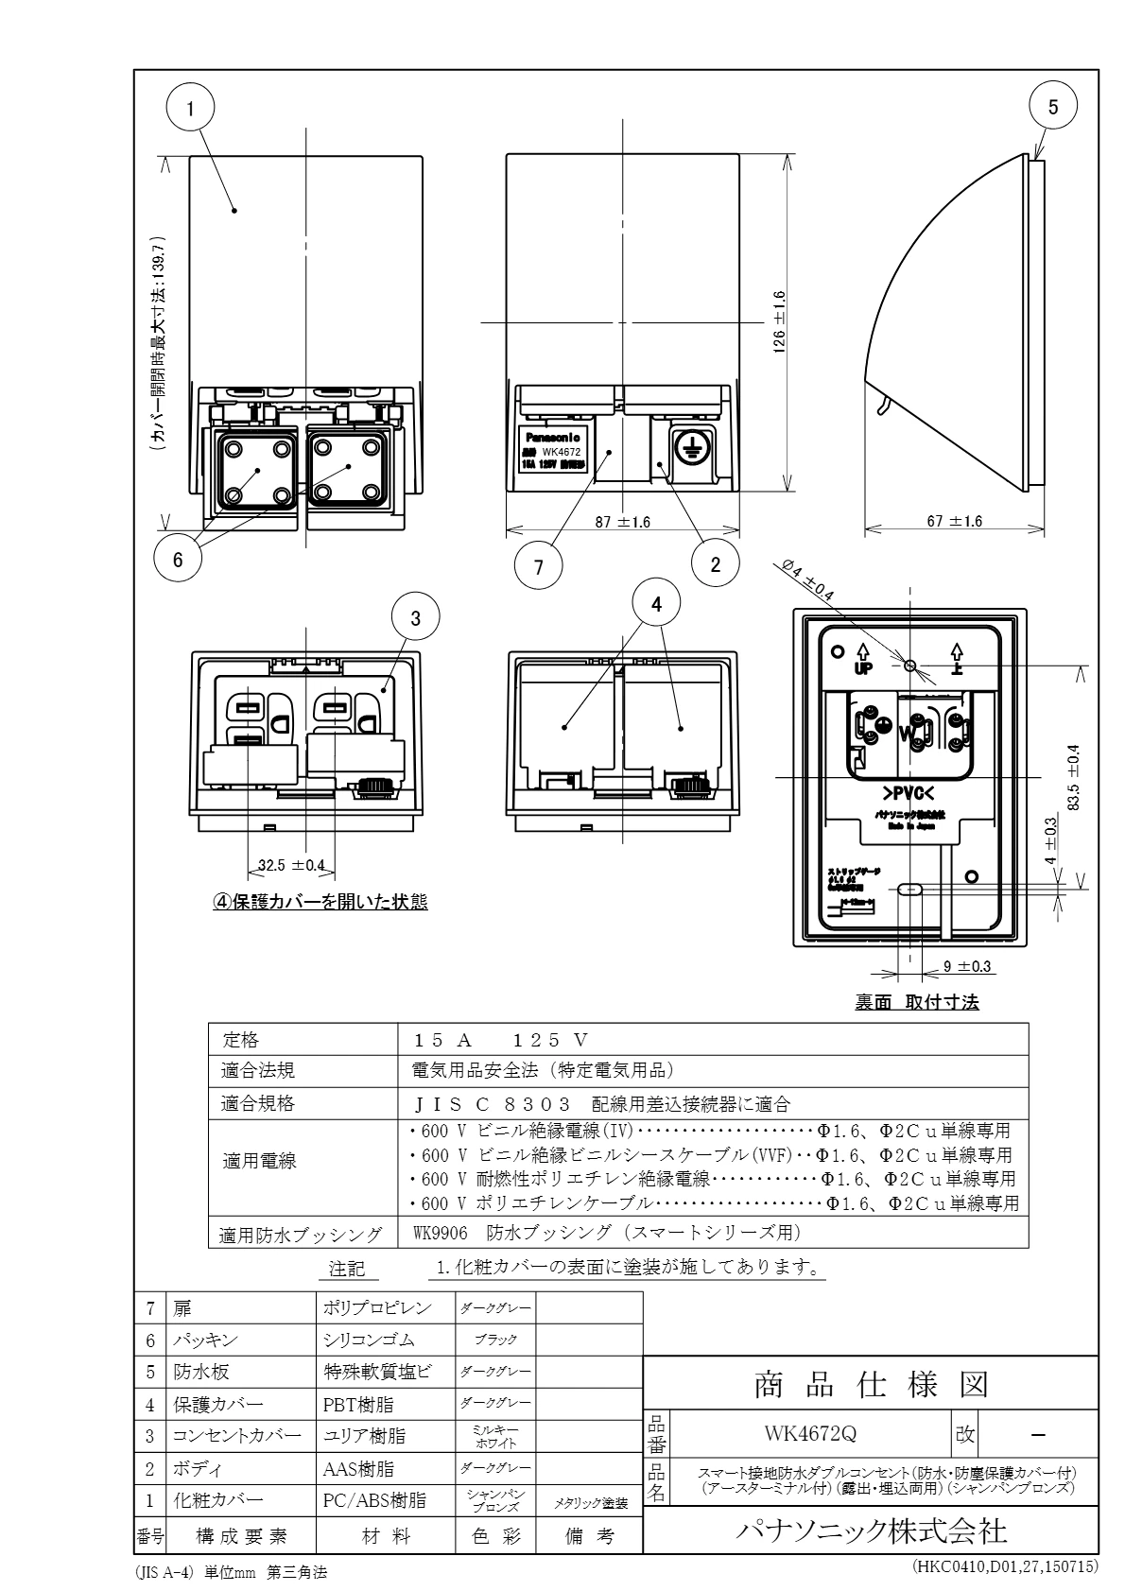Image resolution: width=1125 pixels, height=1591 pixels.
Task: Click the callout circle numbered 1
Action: coord(191,109)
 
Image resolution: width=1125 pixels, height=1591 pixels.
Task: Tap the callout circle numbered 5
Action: coord(1055,107)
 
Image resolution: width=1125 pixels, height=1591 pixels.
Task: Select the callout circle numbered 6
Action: coord(178,559)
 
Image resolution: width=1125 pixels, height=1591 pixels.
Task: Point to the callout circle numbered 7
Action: coord(539,566)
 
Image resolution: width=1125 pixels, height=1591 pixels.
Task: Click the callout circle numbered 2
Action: coord(716,564)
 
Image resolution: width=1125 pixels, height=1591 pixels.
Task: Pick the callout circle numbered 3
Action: coord(417,618)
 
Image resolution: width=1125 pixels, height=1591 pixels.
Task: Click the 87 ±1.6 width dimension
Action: coord(621,521)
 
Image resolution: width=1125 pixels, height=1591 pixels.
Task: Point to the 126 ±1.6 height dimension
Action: coord(779,322)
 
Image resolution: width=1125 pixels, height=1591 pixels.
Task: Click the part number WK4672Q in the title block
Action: coord(810,1433)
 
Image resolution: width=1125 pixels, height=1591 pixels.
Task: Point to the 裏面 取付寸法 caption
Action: coord(916,1003)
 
